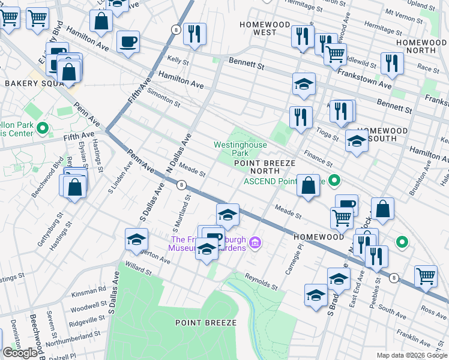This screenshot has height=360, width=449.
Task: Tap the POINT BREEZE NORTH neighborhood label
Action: (265, 167)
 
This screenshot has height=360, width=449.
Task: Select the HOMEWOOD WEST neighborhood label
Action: (265, 28)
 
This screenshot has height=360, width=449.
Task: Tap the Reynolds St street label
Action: (261, 280)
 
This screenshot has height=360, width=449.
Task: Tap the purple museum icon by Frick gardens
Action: (256, 242)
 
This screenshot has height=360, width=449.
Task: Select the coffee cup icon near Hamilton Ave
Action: (128, 42)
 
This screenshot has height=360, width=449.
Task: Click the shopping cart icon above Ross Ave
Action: (426, 276)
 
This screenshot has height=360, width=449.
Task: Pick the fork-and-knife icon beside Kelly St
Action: (194, 34)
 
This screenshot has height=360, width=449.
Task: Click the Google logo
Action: (20, 353)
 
